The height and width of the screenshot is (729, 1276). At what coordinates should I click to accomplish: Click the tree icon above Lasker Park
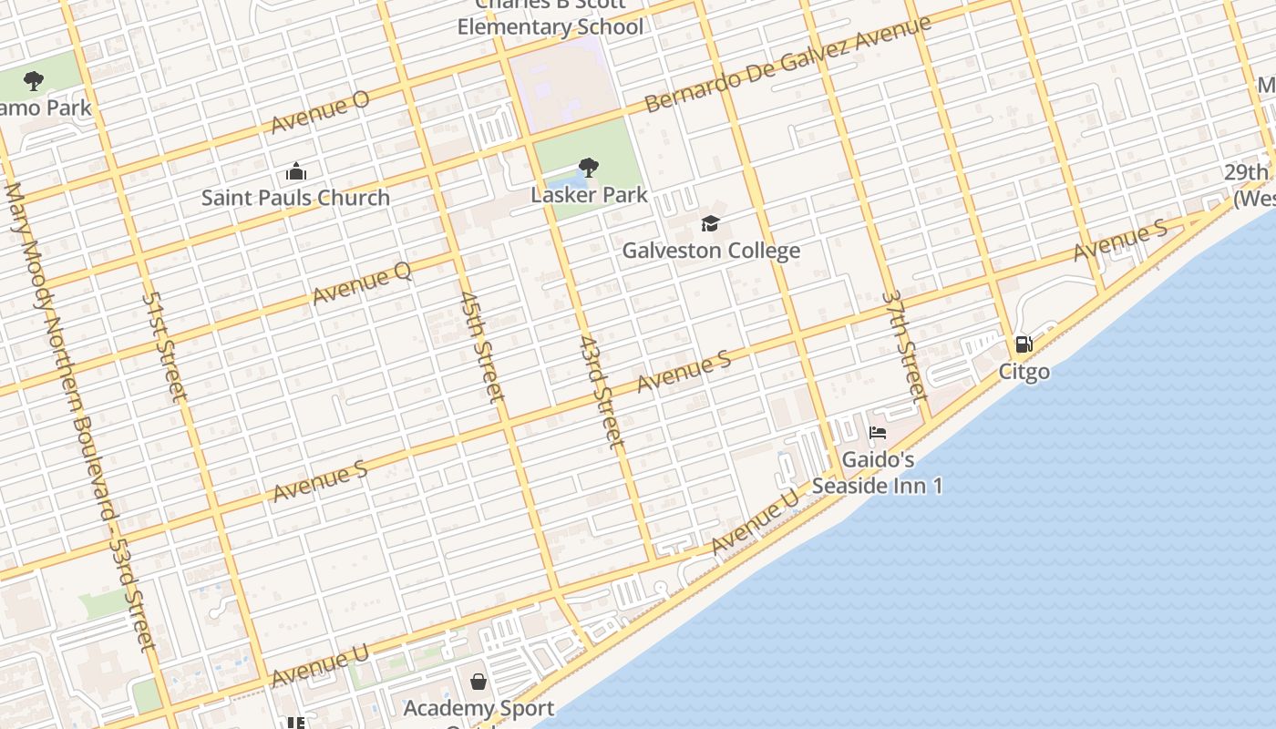point(589,168)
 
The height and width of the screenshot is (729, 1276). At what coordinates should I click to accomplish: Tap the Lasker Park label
point(589,194)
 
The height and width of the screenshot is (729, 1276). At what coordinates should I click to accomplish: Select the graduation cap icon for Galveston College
point(710,223)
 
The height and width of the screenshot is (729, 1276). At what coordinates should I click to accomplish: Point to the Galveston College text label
point(711,250)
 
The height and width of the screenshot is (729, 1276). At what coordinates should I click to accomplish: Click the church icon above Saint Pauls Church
point(295,171)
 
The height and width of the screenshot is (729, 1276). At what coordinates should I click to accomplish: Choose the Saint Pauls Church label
point(295,198)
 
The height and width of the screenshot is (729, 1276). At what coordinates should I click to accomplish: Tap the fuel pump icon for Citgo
point(1024,344)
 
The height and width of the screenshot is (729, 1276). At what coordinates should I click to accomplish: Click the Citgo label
point(1024,371)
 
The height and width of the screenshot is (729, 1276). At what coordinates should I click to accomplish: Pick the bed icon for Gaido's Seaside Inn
point(877,432)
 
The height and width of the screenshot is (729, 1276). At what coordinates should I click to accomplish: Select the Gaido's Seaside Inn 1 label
point(877,472)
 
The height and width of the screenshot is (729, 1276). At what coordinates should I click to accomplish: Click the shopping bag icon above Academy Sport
point(478,682)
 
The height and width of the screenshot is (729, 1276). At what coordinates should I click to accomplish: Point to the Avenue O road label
point(320,111)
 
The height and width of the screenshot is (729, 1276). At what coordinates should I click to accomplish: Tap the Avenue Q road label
point(362,282)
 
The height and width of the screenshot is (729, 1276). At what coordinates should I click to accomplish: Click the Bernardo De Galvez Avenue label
point(787,64)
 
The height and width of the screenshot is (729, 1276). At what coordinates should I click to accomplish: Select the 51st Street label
point(164,346)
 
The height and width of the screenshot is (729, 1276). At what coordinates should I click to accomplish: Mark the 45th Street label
point(481,346)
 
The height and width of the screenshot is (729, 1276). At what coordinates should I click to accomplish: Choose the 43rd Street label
point(601,391)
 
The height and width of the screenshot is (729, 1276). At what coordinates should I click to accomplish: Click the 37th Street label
point(905,346)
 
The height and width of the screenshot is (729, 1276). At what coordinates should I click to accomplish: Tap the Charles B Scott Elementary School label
point(551,16)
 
